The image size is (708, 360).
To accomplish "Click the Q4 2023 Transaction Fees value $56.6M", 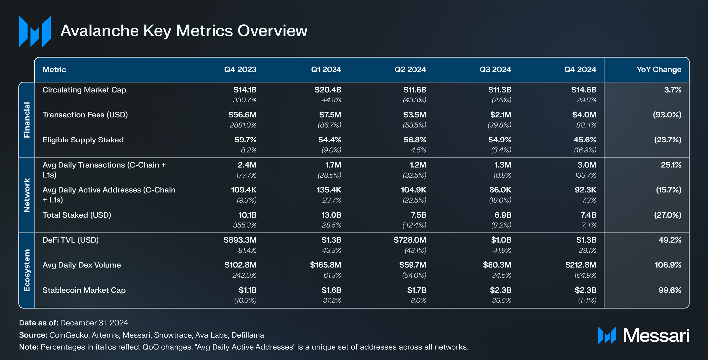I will [242, 115].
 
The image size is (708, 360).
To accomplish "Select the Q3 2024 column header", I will [495, 70].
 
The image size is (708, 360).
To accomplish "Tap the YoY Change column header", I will [658, 70].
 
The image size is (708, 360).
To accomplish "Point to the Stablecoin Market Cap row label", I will [84, 290].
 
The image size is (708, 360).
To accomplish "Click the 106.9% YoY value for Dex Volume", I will [668, 265].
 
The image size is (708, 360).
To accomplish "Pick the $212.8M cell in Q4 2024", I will [580, 265].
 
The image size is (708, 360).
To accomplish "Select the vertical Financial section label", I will [27, 120].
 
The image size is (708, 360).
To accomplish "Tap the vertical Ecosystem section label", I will [27, 270].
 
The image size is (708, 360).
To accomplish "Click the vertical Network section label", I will [27, 195].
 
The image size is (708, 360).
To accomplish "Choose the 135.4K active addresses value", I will [329, 190].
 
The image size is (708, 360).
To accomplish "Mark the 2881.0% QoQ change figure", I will [243, 125].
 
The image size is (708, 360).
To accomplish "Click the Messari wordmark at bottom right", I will [656, 336].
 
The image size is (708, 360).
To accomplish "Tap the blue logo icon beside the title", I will [35, 31].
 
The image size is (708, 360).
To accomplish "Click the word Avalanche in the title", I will [100, 31].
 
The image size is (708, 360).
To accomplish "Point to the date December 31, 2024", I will [94, 323].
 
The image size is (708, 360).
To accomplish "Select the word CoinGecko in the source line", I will [69, 335].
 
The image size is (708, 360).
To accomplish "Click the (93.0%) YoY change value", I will [667, 115].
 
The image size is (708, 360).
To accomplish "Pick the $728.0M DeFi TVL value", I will [410, 240].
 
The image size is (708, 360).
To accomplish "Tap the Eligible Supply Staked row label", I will [83, 140].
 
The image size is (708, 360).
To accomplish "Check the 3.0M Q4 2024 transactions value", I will [587, 165].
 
